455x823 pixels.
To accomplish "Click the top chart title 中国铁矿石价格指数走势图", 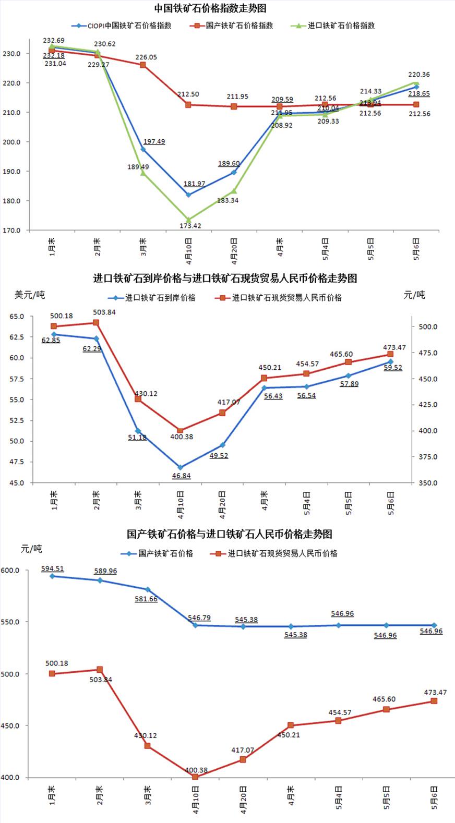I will (x=210, y=9).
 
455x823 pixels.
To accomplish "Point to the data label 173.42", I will (x=189, y=226).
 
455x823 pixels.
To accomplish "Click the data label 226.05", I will (x=146, y=57).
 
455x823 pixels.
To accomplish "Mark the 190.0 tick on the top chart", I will (x=11, y=172).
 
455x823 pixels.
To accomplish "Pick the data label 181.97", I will (x=194, y=184).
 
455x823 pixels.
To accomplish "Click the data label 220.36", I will (x=419, y=75).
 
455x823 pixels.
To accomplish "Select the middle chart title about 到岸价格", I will (x=225, y=279).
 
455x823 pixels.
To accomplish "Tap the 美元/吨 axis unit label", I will (x=30, y=295).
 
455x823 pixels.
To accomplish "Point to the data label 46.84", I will (x=181, y=476).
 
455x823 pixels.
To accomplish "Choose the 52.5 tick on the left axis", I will (x=16, y=420).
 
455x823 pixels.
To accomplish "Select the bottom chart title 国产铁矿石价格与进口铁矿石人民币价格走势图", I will (x=230, y=534).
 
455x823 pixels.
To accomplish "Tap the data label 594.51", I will (x=53, y=568).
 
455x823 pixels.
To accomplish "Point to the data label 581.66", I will (x=146, y=599).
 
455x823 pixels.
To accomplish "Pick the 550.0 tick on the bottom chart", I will (x=10, y=622).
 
